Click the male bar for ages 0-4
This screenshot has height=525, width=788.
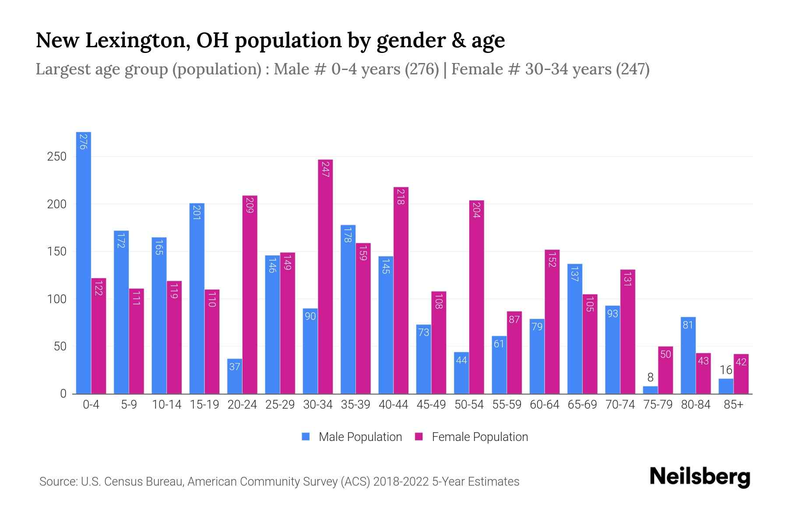point(83,262)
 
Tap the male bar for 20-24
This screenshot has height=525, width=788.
point(235,376)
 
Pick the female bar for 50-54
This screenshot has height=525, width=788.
point(476,297)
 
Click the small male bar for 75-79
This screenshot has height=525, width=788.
point(650,390)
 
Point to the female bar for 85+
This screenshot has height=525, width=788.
point(741,374)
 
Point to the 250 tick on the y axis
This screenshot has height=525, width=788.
point(56,157)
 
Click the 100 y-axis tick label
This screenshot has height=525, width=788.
point(56,299)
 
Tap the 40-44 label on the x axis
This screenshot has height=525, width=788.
point(393,405)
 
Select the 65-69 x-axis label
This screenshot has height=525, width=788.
point(582,405)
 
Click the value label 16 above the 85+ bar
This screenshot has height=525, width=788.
point(726,370)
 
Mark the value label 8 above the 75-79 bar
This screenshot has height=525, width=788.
point(650,378)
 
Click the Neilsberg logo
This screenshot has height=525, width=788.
point(700,477)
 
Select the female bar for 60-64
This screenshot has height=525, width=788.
point(552,322)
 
